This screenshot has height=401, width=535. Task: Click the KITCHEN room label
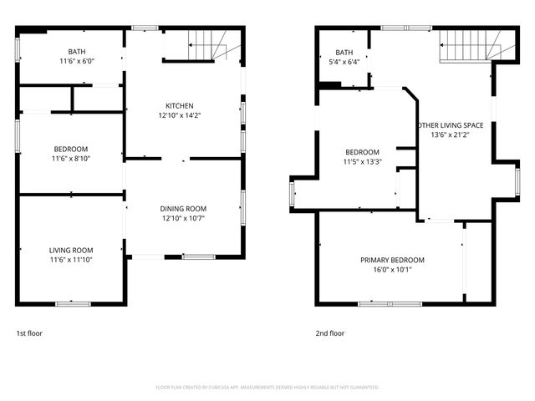pyautogui.click(x=179, y=105)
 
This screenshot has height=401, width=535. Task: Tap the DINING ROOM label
pyautogui.click(x=183, y=208)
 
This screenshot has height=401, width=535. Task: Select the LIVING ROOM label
pyautogui.click(x=70, y=250)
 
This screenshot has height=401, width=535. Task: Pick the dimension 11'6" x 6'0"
pyautogui.click(x=70, y=61)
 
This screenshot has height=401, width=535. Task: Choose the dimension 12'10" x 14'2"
pyautogui.click(x=179, y=115)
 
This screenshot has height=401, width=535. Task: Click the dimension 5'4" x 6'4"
pyautogui.click(x=344, y=61)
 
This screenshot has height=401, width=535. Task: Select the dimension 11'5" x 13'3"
pyautogui.click(x=362, y=161)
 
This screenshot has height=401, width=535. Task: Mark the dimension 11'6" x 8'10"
pyautogui.click(x=70, y=159)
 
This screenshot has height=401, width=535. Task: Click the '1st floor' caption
pyautogui.click(x=29, y=333)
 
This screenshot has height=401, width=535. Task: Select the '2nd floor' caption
pyautogui.click(x=330, y=333)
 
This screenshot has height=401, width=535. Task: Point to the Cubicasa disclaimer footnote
pyautogui.click(x=267, y=387)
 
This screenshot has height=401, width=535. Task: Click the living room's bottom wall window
pyautogui.click(x=73, y=302)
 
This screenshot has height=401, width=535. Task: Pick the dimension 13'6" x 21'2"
pyautogui.click(x=450, y=135)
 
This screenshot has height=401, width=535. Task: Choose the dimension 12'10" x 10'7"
pyautogui.click(x=183, y=218)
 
